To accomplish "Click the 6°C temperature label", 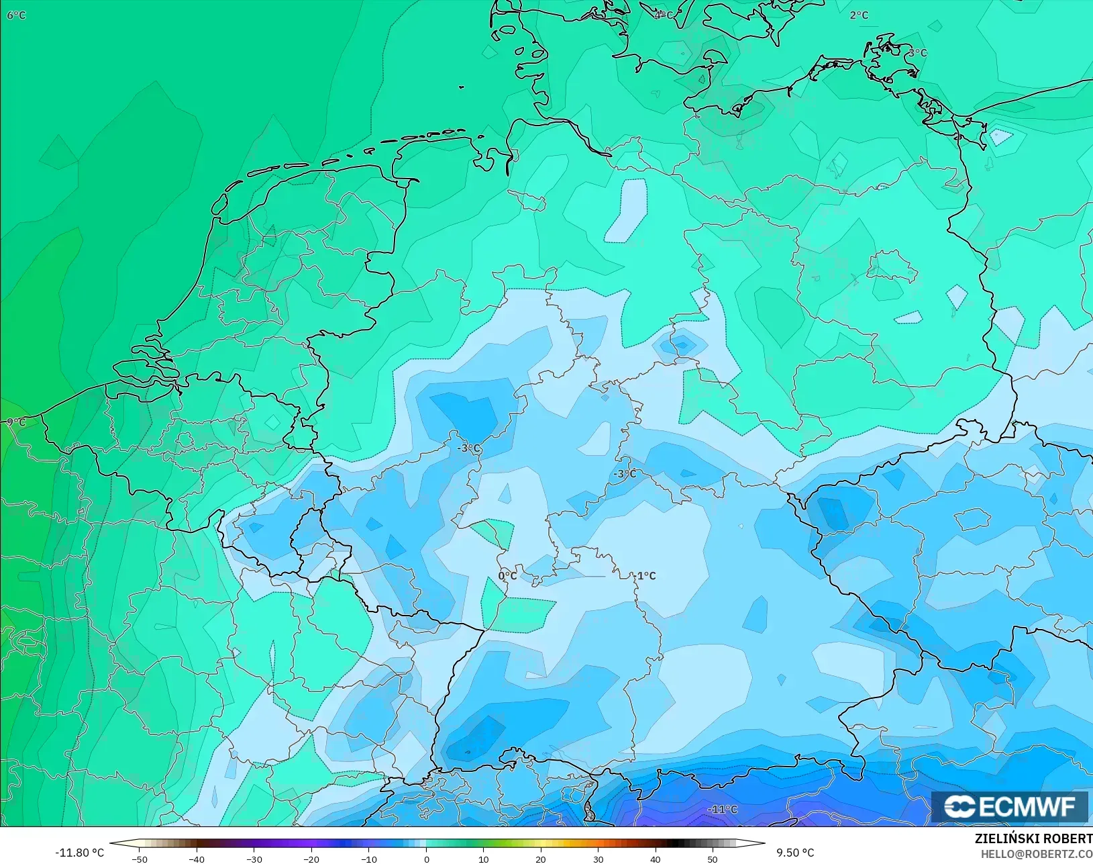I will (x=16, y=15).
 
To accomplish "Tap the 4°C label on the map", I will (x=663, y=15).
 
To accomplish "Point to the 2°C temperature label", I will (x=859, y=15).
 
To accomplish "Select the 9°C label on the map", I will (x=15, y=422).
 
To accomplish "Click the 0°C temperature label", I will (x=507, y=576).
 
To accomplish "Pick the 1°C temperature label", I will (x=646, y=576).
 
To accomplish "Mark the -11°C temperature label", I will (x=722, y=810).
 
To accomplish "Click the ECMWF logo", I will (x=1009, y=806).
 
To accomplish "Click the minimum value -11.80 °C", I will (x=79, y=853).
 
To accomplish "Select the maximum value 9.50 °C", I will (x=795, y=853).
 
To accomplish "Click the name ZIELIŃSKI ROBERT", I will (x=1033, y=839).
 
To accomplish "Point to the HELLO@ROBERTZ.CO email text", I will (x=1037, y=854).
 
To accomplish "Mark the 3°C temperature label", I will (x=918, y=53).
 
